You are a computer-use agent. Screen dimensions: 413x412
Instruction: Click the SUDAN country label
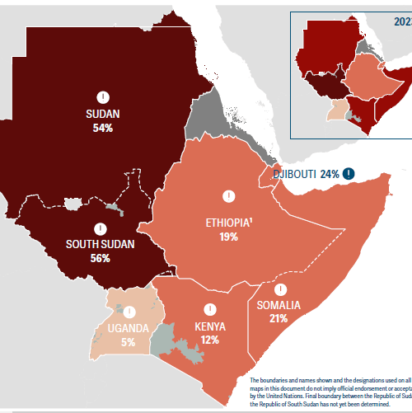point(103,114)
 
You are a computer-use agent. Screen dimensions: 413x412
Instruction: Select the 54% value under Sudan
point(103,128)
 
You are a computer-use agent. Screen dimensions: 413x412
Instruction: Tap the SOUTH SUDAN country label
point(100,244)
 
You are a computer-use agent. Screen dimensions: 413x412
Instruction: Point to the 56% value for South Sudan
point(100,258)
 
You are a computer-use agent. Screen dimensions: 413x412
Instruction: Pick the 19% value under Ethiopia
point(228,237)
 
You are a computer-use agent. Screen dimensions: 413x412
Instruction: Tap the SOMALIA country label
point(279,305)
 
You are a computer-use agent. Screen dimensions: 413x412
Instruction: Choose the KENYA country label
point(210,326)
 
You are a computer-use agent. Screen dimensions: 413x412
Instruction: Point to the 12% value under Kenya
point(210,340)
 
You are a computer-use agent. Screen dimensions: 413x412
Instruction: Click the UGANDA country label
point(127,328)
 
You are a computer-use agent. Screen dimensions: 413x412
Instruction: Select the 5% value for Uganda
point(127,341)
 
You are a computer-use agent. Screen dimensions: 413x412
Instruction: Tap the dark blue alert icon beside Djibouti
point(349,173)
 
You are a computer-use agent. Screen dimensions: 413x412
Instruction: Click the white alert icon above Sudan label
point(103,96)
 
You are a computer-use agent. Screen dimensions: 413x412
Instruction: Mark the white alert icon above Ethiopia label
point(228,195)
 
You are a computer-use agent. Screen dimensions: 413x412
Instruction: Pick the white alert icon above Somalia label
point(280,289)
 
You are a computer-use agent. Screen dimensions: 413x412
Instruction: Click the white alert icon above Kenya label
point(210,310)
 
